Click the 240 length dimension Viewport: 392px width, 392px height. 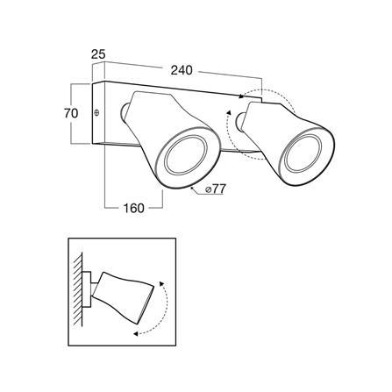[182, 70]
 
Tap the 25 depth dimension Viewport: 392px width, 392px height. [98, 54]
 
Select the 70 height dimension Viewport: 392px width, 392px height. [71, 113]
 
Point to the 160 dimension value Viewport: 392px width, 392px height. [134, 208]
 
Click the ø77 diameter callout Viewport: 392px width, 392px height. [216, 189]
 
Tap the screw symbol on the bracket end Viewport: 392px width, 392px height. [97, 112]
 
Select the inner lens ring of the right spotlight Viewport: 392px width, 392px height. [303, 153]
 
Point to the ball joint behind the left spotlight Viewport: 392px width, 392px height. [124, 111]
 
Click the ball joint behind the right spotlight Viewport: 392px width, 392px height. [240, 122]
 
